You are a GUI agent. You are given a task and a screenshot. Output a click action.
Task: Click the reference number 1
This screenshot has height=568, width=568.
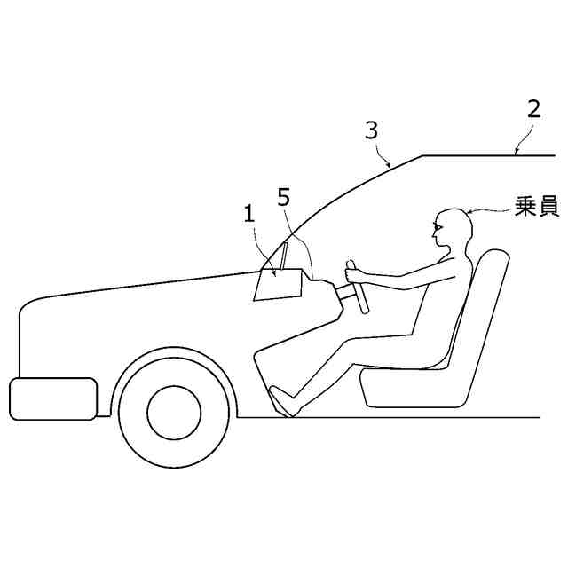point(249,214)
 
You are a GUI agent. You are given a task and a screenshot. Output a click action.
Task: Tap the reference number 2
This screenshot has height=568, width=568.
point(533,109)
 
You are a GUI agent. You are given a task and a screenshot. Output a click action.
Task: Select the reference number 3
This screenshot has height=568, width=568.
point(372,130)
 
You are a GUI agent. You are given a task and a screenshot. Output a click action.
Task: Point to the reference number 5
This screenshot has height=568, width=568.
point(283,196)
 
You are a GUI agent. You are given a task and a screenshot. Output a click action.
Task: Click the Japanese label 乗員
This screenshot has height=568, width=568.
point(536,207)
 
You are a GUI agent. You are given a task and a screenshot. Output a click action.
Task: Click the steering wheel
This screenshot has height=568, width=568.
point(358,288)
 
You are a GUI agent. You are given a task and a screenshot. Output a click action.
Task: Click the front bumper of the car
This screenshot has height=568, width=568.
point(52,398)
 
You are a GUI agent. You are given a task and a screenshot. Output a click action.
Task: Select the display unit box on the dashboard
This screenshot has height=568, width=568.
point(279,282)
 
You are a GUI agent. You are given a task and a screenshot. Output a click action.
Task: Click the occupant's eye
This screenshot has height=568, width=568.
point(438,229)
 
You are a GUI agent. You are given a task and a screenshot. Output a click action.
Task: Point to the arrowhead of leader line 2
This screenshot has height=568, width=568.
point(517,154)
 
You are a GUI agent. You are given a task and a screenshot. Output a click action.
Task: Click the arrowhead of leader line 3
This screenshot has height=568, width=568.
point(390,167)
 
